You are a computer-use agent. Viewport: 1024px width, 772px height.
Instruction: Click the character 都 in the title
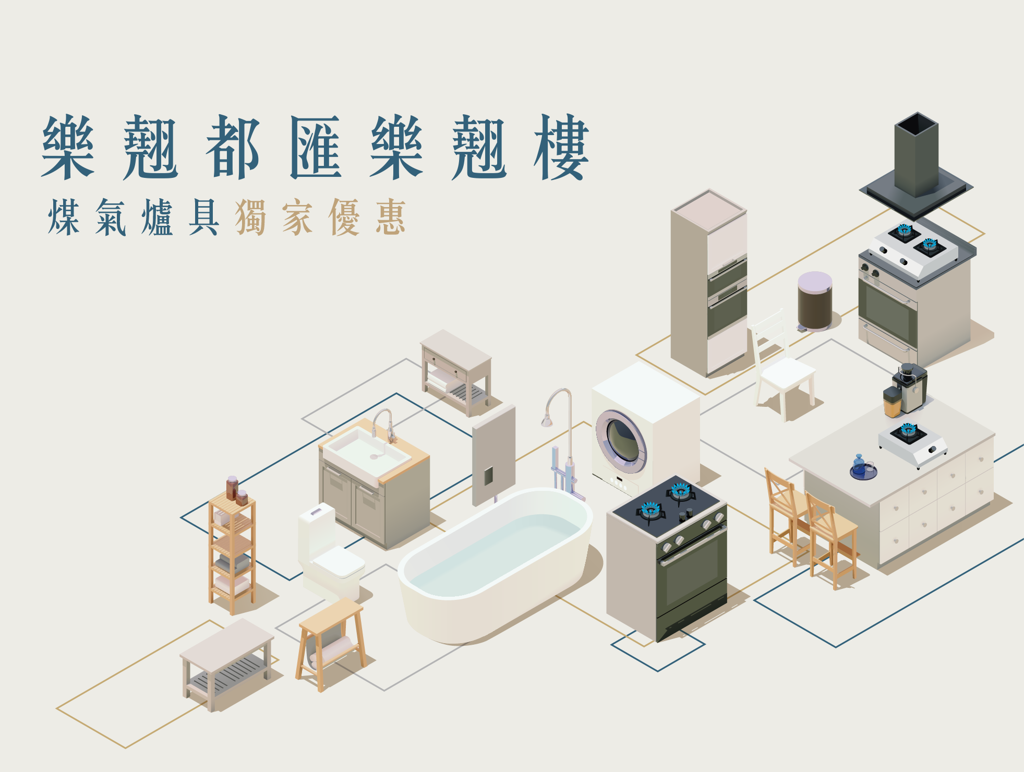point(233,148)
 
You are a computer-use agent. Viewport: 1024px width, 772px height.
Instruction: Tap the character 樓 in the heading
point(561,148)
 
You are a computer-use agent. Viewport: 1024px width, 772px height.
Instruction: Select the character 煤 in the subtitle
point(64,218)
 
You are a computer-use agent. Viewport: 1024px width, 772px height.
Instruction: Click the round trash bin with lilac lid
point(815,301)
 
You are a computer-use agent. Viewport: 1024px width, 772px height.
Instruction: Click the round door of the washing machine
point(621,441)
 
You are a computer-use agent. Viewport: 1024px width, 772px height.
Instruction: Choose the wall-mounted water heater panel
point(493,455)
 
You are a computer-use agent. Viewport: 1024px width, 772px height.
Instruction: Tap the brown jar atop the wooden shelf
point(232,487)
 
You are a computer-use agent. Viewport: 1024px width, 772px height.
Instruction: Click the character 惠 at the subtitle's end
point(391,218)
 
